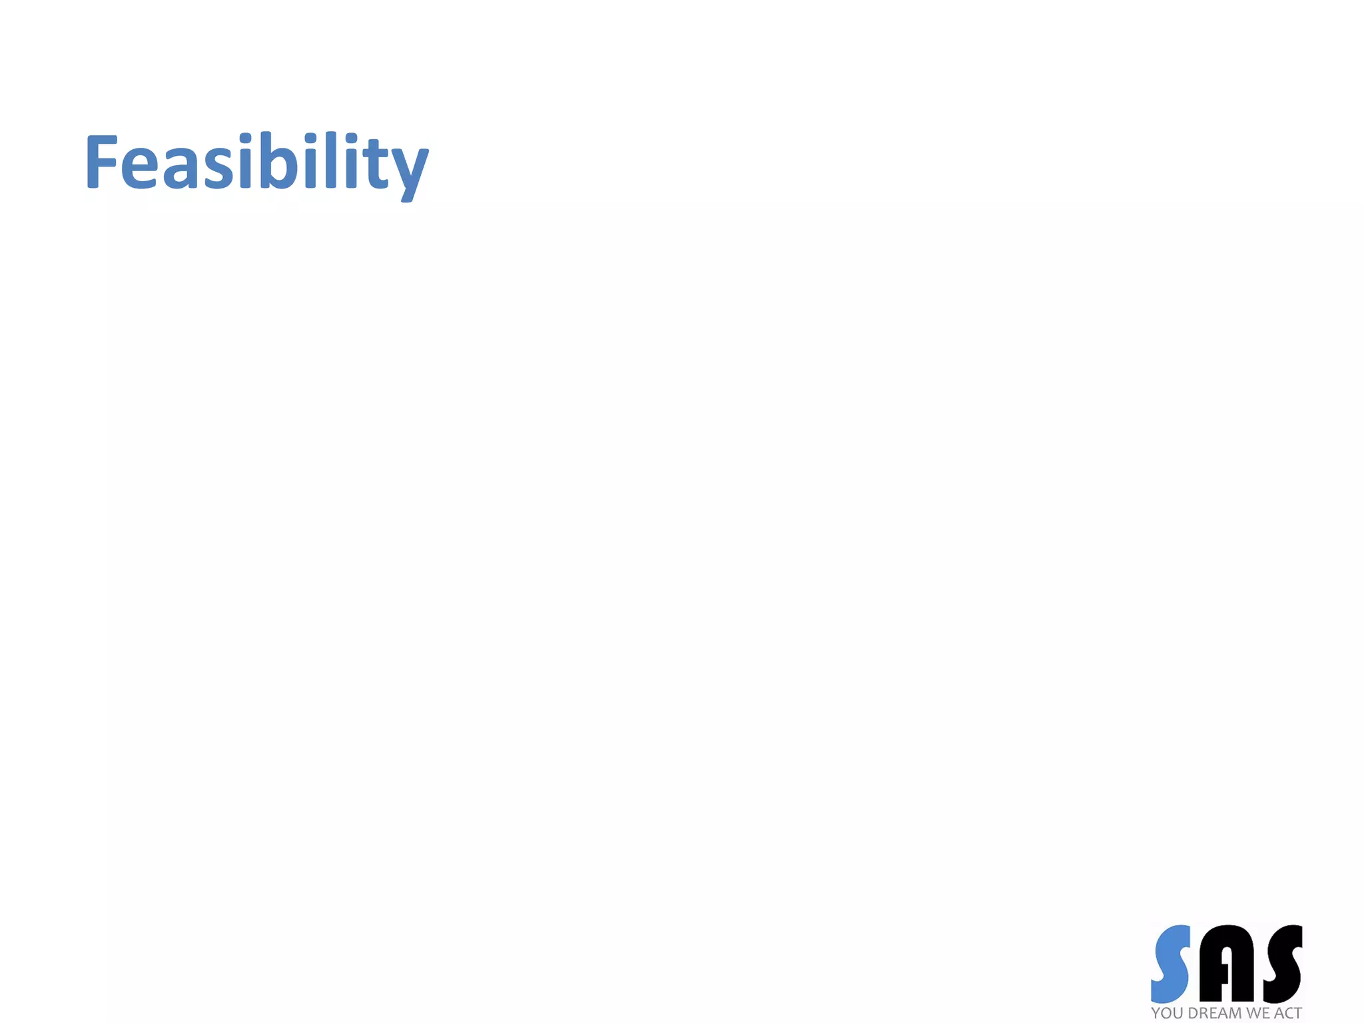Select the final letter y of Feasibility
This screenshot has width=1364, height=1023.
point(408,170)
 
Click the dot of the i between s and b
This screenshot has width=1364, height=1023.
point(246,138)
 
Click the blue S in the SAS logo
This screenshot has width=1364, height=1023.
point(1171,963)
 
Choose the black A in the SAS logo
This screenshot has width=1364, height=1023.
point(1225,963)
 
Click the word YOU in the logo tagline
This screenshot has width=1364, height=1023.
point(1168,1013)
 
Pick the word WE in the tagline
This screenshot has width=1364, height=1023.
point(1258,1013)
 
